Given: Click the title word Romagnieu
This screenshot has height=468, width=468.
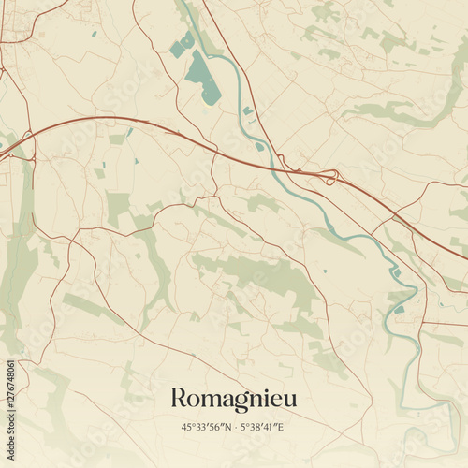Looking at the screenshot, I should (233, 399).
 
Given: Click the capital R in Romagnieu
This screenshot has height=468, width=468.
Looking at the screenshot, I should (178, 398).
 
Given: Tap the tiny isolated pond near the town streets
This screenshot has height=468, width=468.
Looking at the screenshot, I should (94, 35).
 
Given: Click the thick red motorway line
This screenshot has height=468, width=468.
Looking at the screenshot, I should (140, 125).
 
